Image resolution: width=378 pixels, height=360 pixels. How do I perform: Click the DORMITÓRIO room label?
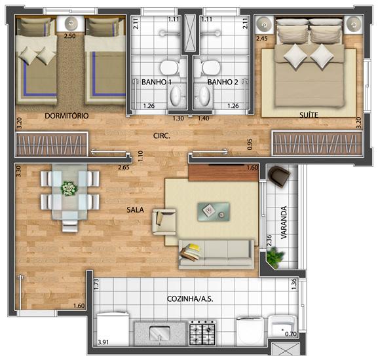point(67,116)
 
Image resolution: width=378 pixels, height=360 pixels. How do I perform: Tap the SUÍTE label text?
point(309,115)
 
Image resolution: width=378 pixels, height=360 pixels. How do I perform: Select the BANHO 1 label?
point(157,82)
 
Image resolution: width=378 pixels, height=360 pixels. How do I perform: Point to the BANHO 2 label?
point(223,82)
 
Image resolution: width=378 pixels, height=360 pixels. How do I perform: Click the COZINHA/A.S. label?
point(190,299)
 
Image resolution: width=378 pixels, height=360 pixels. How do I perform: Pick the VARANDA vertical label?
point(284,223)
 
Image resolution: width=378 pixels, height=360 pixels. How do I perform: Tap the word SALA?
point(135,209)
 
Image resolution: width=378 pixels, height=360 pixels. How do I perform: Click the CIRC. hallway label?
point(162,135)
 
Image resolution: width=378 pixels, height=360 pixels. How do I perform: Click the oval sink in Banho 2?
point(204,96)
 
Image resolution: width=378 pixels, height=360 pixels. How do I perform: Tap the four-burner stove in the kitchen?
point(202,333)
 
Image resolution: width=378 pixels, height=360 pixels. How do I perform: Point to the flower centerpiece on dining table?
point(69,188)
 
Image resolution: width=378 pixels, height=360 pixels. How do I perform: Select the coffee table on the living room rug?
point(214,211)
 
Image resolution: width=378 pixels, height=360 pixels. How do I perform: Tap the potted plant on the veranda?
point(275,257)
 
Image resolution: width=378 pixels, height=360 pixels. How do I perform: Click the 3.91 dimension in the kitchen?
point(103,342)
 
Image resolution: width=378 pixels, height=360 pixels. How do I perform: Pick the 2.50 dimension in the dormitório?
point(69,36)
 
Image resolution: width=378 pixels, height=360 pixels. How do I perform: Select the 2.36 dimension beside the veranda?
point(269,240)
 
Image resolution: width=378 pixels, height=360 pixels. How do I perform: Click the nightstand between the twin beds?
point(71,24)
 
